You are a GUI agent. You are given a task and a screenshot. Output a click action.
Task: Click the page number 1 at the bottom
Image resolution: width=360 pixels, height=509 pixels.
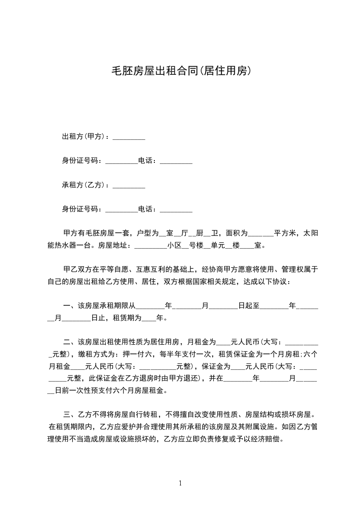180,483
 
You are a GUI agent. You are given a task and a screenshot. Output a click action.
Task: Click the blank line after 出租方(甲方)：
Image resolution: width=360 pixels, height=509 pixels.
128,137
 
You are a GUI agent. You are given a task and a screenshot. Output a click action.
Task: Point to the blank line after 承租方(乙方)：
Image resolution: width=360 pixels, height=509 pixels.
128,186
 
